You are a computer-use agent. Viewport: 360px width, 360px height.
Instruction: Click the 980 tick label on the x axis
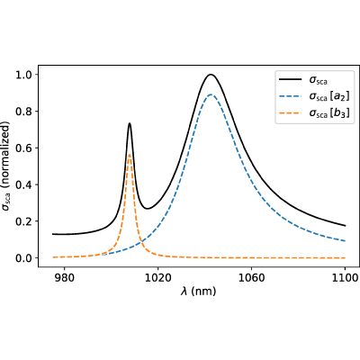click(x=64, y=278)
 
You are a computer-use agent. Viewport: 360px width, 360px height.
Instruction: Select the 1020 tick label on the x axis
click(x=157, y=278)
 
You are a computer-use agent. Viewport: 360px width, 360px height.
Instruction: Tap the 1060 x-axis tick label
click(x=251, y=278)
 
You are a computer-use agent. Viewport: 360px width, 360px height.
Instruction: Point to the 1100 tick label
click(x=345, y=278)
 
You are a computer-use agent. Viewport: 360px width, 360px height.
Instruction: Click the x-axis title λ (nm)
click(x=198, y=292)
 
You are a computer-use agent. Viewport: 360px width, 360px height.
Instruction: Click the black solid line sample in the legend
click(x=290, y=79)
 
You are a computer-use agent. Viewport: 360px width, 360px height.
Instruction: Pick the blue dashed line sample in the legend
click(x=290, y=96)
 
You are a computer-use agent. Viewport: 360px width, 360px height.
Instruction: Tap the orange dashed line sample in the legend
click(x=290, y=113)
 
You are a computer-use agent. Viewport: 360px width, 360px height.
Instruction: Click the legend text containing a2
click(x=329, y=96)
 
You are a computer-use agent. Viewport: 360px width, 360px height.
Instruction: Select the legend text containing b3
click(x=329, y=113)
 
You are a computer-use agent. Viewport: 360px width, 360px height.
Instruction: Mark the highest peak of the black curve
click(x=211, y=75)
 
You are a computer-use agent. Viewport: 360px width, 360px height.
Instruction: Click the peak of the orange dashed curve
click(x=130, y=155)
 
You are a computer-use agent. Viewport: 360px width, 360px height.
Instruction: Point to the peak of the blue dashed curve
click(x=211, y=94)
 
